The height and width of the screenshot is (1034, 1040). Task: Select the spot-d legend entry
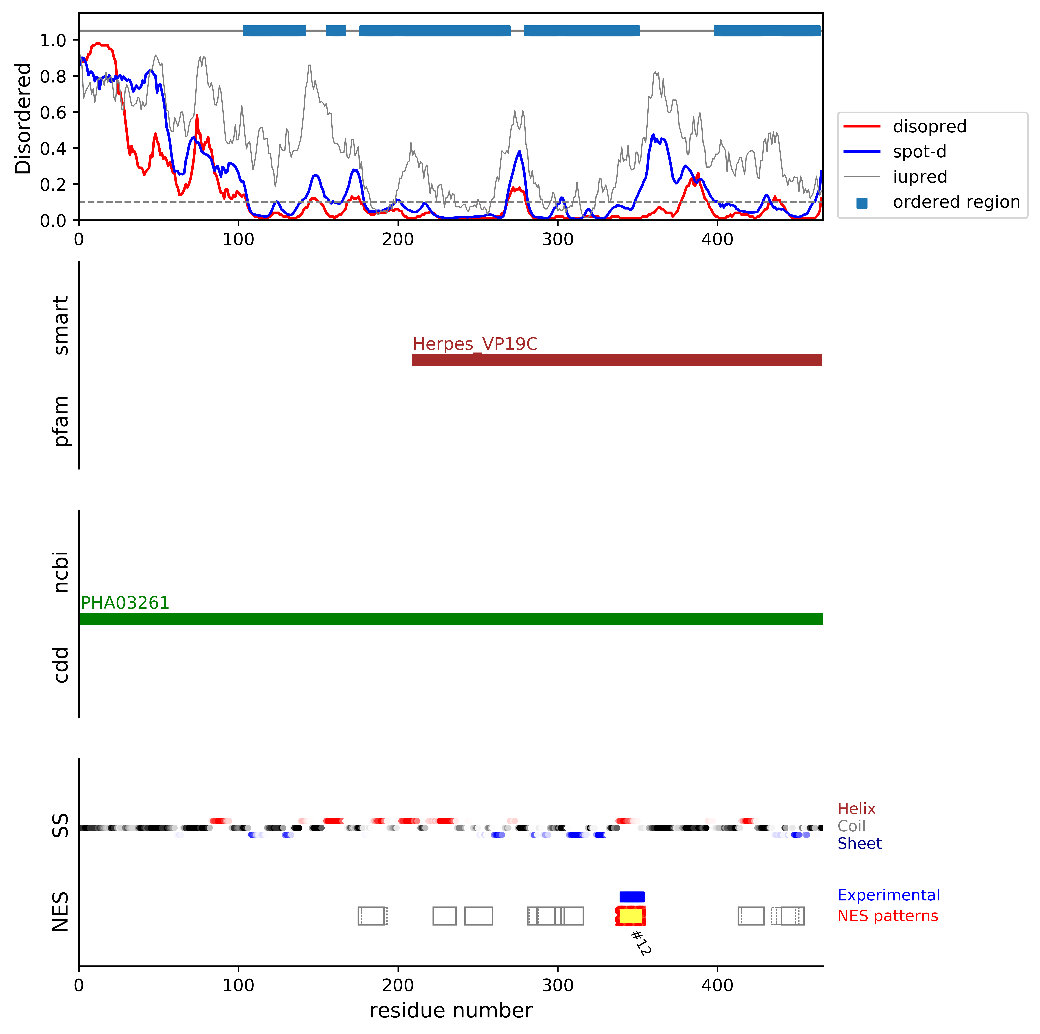pos(919,152)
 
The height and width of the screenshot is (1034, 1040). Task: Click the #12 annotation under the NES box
pos(641,943)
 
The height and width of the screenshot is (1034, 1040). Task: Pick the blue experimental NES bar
pos(632,897)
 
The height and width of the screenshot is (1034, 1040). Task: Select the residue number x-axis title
pos(451,1011)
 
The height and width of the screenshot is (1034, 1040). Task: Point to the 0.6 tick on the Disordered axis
pos(53,112)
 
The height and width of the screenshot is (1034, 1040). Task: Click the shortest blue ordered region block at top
pos(336,31)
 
